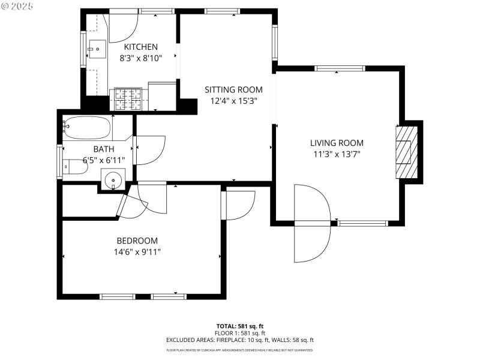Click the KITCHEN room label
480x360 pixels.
tap(141, 47)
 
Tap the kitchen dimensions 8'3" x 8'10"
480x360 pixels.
tap(141, 59)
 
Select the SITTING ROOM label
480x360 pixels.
tap(233, 89)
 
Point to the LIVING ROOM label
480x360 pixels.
tap(337, 143)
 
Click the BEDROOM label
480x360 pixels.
tap(137, 241)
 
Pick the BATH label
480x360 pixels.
tap(103, 149)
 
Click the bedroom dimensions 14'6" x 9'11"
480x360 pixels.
tap(137, 252)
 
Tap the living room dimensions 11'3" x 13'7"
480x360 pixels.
tap(337, 154)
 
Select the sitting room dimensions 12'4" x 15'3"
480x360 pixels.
tap(233, 101)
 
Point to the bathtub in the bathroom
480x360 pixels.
tap(88, 128)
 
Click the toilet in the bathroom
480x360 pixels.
tap(76, 166)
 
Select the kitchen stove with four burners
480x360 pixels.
tap(128, 99)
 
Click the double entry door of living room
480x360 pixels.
tap(312, 223)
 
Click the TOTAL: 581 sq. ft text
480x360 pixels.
tap(240, 326)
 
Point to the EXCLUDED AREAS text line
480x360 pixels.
tap(240, 340)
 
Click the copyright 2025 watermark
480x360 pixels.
tap(18, 5)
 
